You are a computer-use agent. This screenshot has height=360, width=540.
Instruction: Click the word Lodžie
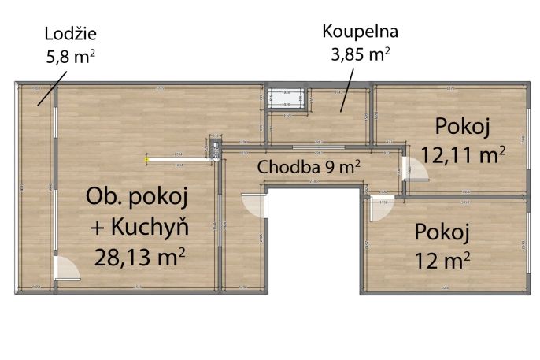click(x=72, y=35)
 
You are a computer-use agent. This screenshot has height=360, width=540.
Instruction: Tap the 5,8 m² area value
click(x=72, y=56)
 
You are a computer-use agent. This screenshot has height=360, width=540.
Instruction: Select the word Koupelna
click(x=361, y=32)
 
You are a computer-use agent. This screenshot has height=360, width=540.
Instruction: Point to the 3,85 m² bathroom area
click(x=361, y=55)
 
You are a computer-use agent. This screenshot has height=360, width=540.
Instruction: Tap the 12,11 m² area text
click(x=463, y=154)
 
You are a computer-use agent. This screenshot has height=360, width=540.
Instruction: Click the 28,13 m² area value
click(x=140, y=256)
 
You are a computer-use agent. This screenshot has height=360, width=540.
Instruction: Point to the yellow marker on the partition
click(x=146, y=160)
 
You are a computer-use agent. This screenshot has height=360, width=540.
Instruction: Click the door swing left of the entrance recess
click(x=253, y=206)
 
